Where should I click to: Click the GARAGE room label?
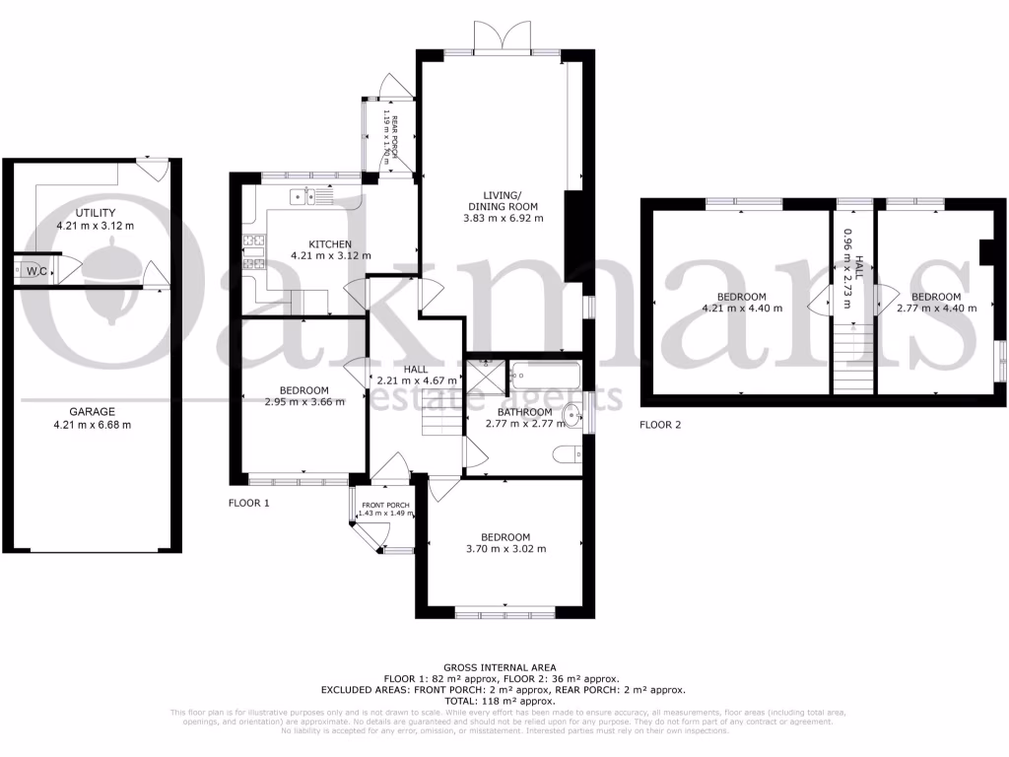(92, 412)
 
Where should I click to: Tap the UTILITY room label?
(96, 213)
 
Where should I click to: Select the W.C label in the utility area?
(37, 270)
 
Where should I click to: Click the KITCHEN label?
(331, 243)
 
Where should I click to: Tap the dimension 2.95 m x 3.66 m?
(304, 402)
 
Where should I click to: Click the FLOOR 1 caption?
(247, 503)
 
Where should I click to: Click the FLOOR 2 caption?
(659, 426)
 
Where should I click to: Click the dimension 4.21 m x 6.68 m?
(92, 425)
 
